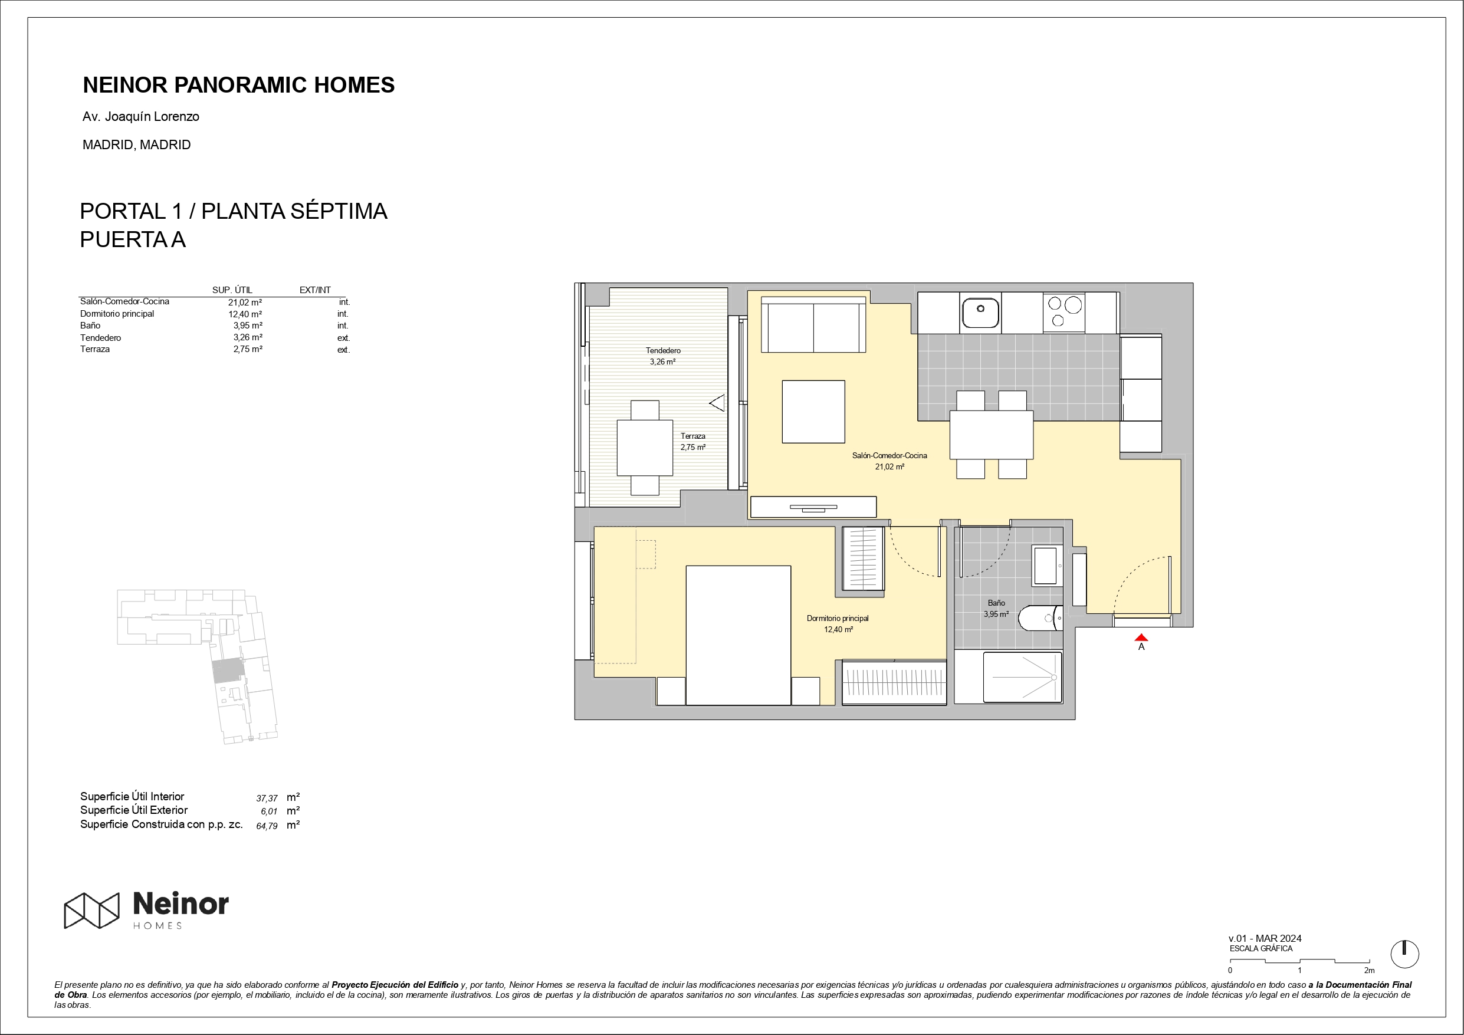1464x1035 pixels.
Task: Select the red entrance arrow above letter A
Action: pyautogui.click(x=1141, y=637)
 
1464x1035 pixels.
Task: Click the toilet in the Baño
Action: pyautogui.click(x=1039, y=618)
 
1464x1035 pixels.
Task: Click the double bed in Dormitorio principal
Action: pyautogui.click(x=738, y=635)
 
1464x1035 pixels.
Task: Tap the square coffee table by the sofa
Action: pyautogui.click(x=813, y=411)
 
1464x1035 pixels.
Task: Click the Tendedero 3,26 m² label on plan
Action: pyautogui.click(x=662, y=356)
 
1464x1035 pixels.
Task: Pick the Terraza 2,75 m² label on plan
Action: pyautogui.click(x=692, y=441)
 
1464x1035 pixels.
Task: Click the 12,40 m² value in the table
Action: pyautogui.click(x=245, y=314)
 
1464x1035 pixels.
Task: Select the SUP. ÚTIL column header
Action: pyautogui.click(x=232, y=290)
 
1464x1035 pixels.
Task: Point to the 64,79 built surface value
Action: pyautogui.click(x=267, y=826)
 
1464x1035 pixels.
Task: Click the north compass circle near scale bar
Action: pyautogui.click(x=1404, y=955)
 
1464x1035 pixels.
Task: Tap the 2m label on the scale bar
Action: pyautogui.click(x=1369, y=971)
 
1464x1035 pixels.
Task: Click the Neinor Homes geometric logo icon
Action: pyautogui.click(x=91, y=910)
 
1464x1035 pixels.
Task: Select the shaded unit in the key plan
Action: pyautogui.click(x=228, y=671)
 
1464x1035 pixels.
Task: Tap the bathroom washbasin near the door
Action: pyautogui.click(x=1045, y=565)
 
